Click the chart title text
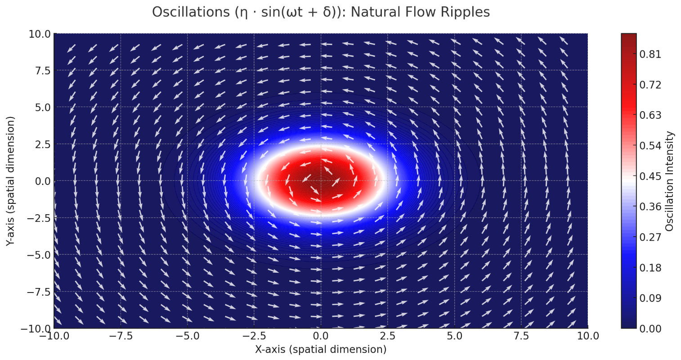[321, 12]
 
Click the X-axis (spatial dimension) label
[321, 349]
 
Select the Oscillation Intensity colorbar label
[669, 181]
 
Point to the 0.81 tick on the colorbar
[650, 54]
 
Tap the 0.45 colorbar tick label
[650, 176]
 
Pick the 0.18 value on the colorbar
[650, 268]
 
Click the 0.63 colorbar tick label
[650, 115]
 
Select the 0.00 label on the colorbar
[650, 328]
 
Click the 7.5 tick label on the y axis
[40, 70]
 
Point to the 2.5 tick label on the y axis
[40, 144]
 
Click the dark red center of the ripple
[321, 181]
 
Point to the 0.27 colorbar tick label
[650, 237]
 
